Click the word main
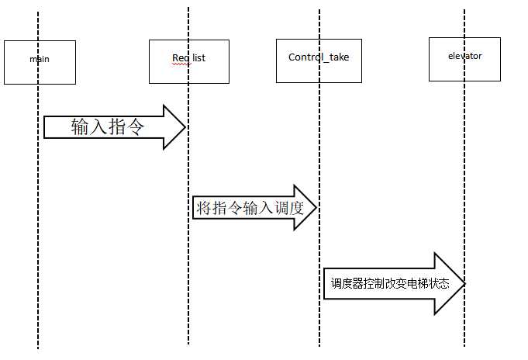pos(40,58)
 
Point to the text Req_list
pos(188,57)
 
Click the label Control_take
pos(318,57)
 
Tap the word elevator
pos(464,56)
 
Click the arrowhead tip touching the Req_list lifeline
pos(185,127)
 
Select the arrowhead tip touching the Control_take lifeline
pos(316,207)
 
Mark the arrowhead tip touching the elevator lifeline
pos(464,284)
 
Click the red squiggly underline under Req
pos(180,64)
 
